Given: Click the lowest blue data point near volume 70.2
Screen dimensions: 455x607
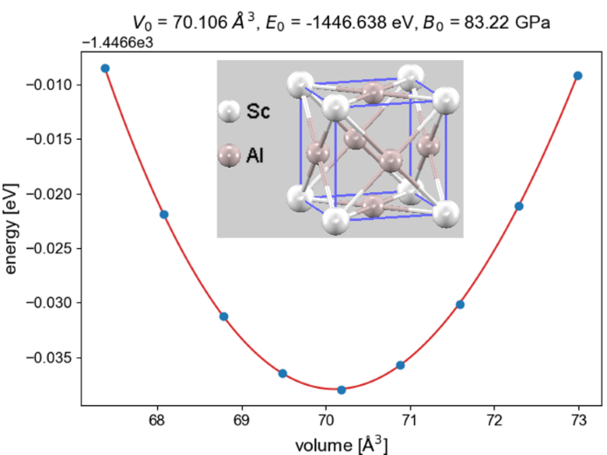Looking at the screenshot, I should pos(341,390).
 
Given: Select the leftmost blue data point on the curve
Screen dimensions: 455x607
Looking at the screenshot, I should pos(105,68).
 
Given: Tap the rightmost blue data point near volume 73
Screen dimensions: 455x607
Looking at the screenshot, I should pos(577,76).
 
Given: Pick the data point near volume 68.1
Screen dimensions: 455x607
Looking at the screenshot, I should pos(164,215).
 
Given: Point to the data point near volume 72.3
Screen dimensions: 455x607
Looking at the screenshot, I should pos(519,206).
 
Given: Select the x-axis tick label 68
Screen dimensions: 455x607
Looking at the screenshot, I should pos(157,420).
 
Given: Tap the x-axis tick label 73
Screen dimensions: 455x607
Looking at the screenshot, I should pos(579,420).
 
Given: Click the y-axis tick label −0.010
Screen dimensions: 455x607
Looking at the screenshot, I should pos(53,85).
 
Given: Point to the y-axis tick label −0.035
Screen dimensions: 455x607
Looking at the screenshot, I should pos(53,358).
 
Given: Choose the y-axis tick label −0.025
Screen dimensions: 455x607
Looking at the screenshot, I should pos(53,249).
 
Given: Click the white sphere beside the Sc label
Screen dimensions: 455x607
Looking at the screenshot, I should pos(230,111).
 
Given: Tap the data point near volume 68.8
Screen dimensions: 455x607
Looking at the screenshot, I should pos(224,316).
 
